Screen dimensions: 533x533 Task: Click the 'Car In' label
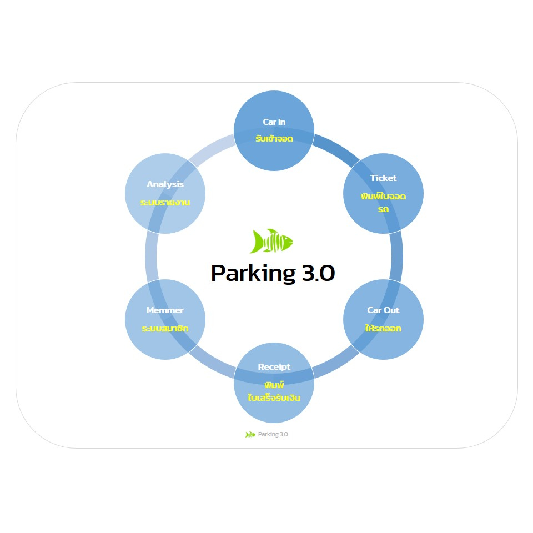tap(274, 122)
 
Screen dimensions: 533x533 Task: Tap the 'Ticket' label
tap(383, 178)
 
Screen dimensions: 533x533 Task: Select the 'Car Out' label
tap(383, 310)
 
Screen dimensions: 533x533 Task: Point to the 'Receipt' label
tap(274, 367)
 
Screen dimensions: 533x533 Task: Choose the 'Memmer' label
tap(165, 310)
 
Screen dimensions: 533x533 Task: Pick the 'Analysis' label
tap(165, 184)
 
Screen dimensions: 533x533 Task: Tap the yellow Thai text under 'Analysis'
tap(165, 203)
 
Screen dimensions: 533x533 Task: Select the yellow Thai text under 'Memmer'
tap(165, 329)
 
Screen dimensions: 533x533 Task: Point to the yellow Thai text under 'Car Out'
tap(383, 328)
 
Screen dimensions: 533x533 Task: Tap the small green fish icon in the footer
tap(250, 434)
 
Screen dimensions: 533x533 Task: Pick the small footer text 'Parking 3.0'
tap(273, 434)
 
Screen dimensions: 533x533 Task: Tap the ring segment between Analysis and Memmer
tap(151, 256)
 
